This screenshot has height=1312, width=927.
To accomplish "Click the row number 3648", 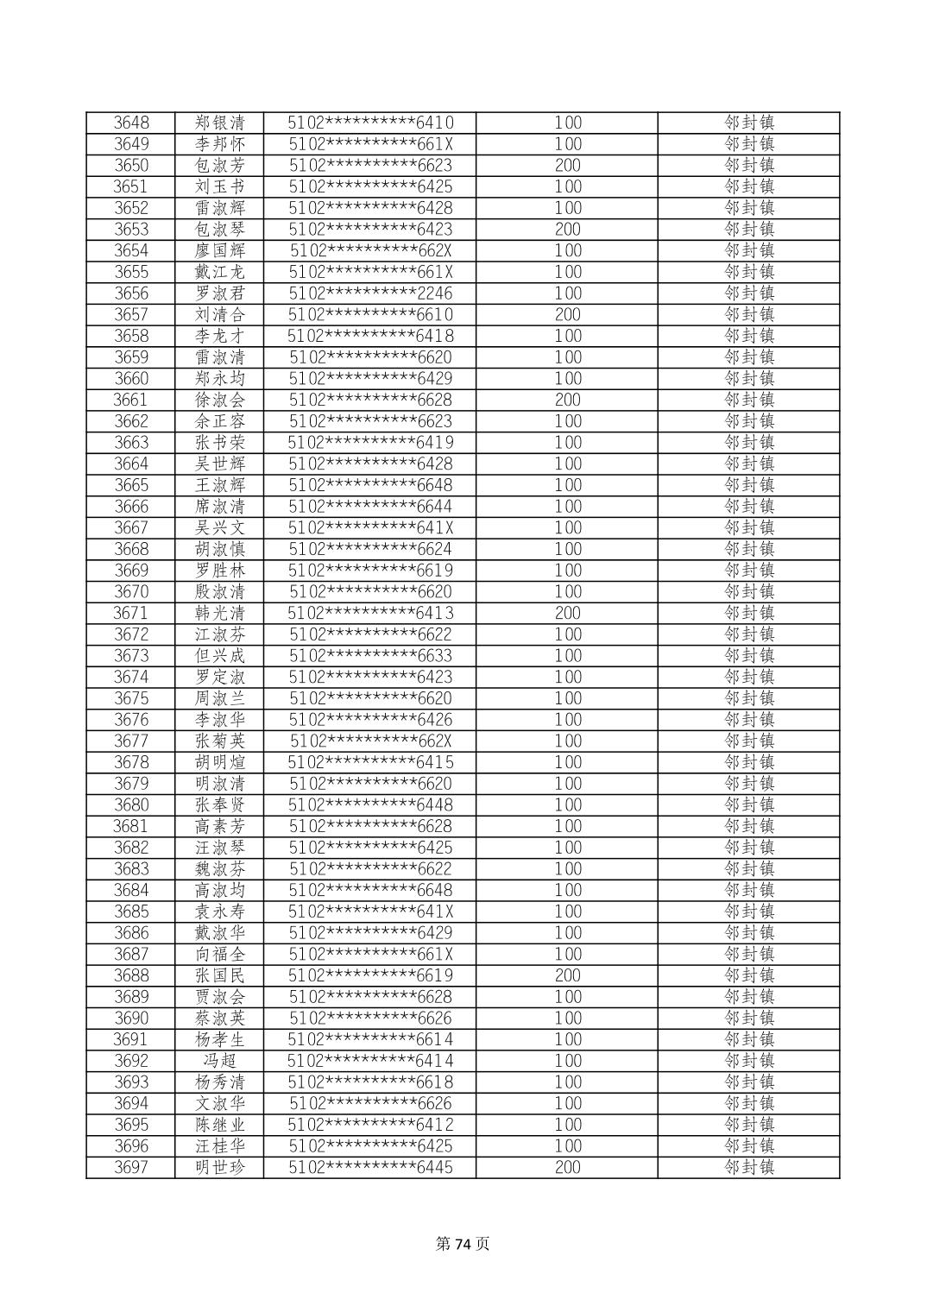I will [131, 123].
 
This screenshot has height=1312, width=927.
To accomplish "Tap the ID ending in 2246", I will [370, 293].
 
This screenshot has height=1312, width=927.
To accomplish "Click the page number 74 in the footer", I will [463, 1244].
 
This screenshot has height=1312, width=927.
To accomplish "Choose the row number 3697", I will [131, 1168].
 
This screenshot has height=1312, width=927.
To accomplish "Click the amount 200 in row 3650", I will [567, 166].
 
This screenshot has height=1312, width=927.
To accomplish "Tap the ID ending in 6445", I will [370, 1168].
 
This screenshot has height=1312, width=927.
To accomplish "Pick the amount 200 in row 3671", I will [567, 613].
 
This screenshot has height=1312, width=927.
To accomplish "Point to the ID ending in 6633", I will [370, 656].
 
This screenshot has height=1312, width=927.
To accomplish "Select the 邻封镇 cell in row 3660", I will [748, 379].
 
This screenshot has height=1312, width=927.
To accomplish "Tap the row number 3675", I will [131, 698].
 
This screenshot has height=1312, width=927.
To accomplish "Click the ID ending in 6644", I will [370, 507].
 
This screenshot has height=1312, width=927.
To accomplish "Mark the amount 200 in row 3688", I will [567, 975].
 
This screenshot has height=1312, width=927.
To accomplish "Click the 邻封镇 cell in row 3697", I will [748, 1168].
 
